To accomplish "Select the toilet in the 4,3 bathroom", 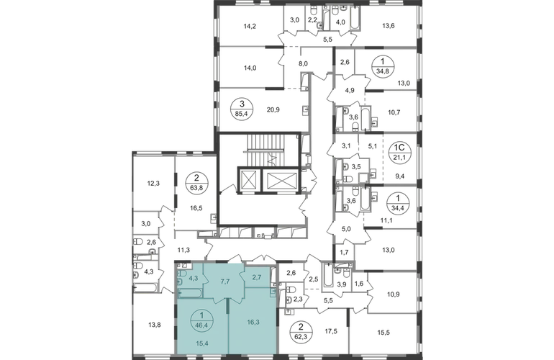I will tap(181, 274).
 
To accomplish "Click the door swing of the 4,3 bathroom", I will tap(206, 277).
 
